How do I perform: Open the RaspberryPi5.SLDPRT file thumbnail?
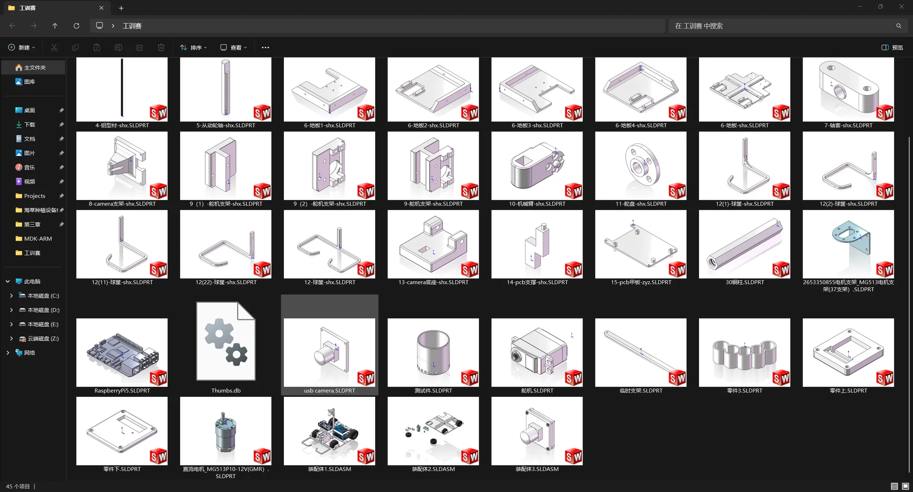[122, 352]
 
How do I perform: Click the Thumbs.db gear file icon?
[226, 341]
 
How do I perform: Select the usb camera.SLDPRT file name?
[330, 391]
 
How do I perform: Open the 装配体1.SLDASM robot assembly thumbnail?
[330, 431]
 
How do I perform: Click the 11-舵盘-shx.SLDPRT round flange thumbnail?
[641, 165]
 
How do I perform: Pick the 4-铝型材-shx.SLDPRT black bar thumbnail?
[122, 89]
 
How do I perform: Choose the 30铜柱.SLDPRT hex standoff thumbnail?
[745, 244]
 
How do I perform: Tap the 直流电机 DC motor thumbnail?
[226, 431]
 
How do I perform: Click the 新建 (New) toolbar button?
[22, 48]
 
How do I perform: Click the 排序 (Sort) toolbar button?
[194, 48]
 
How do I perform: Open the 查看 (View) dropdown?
[233, 48]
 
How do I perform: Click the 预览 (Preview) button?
[892, 48]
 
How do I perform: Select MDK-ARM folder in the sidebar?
[38, 239]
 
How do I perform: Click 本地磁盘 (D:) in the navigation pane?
[43, 310]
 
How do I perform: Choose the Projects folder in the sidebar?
[35, 196]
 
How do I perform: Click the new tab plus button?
[121, 8]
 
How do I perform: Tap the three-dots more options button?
[265, 48]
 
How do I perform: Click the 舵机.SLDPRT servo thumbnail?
[537, 352]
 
